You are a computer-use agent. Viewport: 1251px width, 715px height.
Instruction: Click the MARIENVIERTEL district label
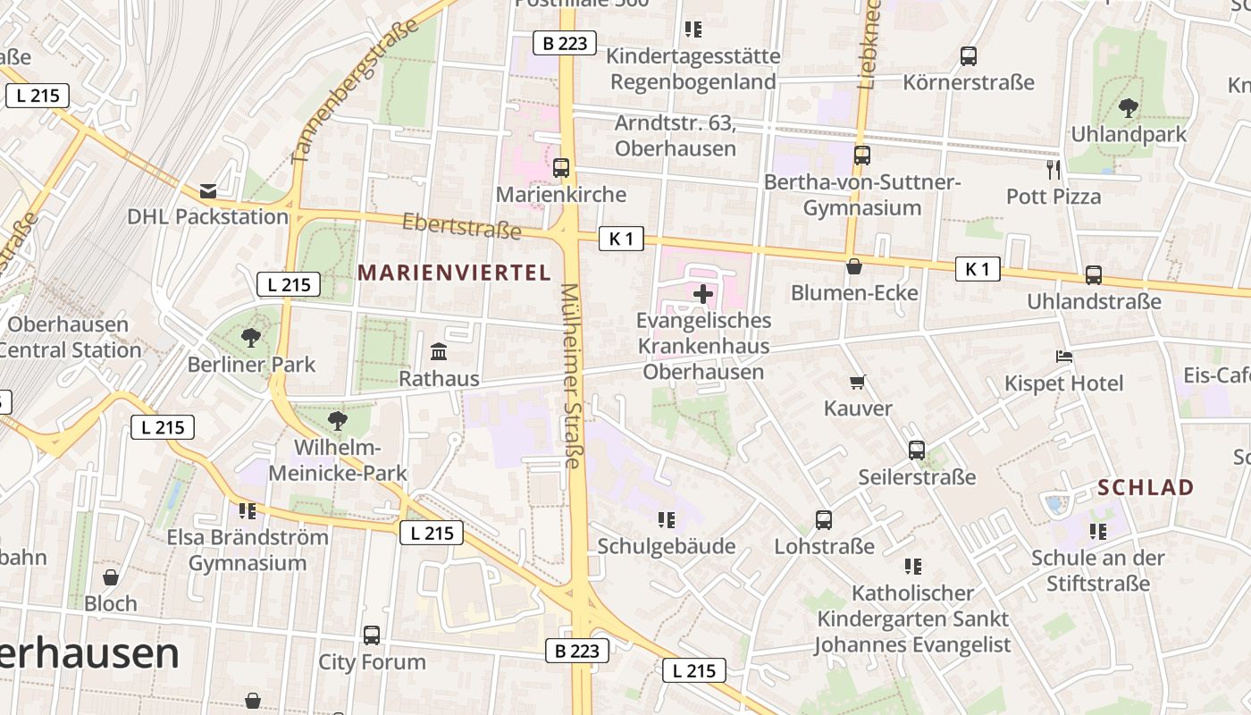pyautogui.click(x=455, y=273)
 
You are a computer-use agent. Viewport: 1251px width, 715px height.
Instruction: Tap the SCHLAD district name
pyautogui.click(x=1146, y=488)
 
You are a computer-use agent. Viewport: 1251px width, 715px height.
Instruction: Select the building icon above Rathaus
pyautogui.click(x=439, y=352)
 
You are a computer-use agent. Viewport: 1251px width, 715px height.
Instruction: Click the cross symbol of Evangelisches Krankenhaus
pyautogui.click(x=703, y=293)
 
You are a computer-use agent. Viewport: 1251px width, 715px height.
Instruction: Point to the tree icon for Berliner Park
pyautogui.click(x=251, y=338)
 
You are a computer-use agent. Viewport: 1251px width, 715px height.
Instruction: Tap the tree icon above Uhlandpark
pyautogui.click(x=1129, y=108)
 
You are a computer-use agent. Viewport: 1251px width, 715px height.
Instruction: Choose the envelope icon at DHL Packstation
pyautogui.click(x=208, y=190)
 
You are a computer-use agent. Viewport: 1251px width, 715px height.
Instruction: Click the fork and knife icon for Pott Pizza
pyautogui.click(x=1054, y=169)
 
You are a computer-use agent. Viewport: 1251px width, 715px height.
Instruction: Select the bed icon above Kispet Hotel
pyautogui.click(x=1063, y=357)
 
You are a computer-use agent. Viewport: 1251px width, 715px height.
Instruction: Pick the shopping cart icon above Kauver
pyautogui.click(x=858, y=383)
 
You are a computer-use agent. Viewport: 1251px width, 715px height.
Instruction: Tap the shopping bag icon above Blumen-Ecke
pyautogui.click(x=854, y=266)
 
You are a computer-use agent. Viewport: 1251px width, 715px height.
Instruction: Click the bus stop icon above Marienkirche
pyautogui.click(x=561, y=167)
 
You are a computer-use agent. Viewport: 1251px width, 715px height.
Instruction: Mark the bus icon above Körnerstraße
pyautogui.click(x=969, y=56)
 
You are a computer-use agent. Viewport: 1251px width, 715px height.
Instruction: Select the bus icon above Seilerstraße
pyautogui.click(x=917, y=450)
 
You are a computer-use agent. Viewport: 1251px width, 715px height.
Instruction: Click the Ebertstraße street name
pyautogui.click(x=461, y=226)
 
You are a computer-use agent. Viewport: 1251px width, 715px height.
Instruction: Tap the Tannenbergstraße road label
pyautogui.click(x=355, y=91)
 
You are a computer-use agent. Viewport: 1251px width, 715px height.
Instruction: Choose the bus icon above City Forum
pyautogui.click(x=372, y=635)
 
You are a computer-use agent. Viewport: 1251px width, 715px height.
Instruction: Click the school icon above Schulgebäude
pyautogui.click(x=667, y=519)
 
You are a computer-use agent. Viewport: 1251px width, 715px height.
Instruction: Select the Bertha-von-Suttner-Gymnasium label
pyautogui.click(x=861, y=195)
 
